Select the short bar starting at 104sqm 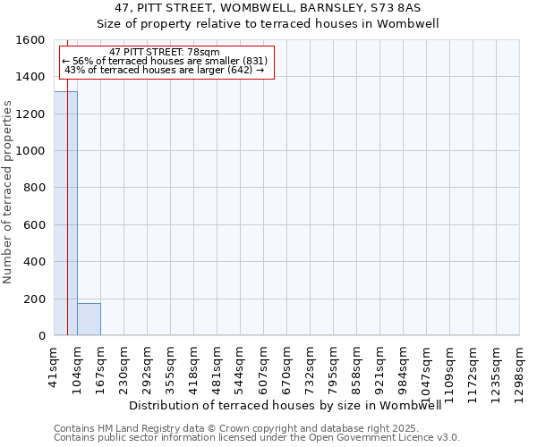89,319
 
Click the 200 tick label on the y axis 36,299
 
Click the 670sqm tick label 286,367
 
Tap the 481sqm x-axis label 217,367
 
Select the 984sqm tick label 403,367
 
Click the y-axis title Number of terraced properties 8,192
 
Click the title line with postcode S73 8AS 268,7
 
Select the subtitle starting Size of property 268,24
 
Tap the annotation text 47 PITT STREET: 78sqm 165,53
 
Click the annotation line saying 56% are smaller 165,61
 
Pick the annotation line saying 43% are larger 165,70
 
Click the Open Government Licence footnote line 257,438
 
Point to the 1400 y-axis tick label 32,77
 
